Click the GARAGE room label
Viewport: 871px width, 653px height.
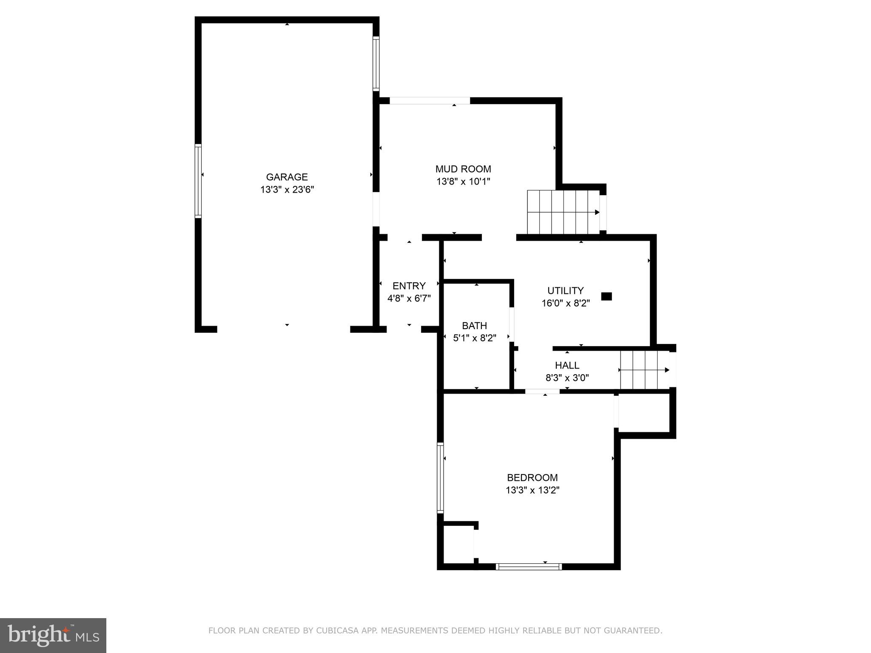click(287, 177)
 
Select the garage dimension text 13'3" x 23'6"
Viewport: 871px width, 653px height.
click(287, 190)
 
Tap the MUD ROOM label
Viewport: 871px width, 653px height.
click(463, 169)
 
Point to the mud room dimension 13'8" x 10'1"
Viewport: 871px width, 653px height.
click(463, 182)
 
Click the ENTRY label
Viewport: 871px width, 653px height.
click(409, 286)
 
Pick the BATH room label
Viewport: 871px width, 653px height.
click(474, 326)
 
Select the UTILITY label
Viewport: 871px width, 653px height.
click(565, 291)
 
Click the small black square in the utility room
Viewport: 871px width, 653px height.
click(606, 296)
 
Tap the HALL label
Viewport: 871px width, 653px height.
click(567, 365)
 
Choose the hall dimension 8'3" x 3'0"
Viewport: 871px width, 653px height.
click(567, 378)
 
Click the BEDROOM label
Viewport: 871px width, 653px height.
click(532, 477)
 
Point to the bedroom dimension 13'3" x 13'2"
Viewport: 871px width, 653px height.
click(532, 490)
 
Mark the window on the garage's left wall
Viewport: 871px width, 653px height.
click(198, 181)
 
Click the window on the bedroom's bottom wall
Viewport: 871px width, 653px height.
click(529, 566)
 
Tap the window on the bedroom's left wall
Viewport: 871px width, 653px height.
click(440, 478)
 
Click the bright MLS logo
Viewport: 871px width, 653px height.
click(53, 635)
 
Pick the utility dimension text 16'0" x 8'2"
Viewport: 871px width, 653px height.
click(565, 304)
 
